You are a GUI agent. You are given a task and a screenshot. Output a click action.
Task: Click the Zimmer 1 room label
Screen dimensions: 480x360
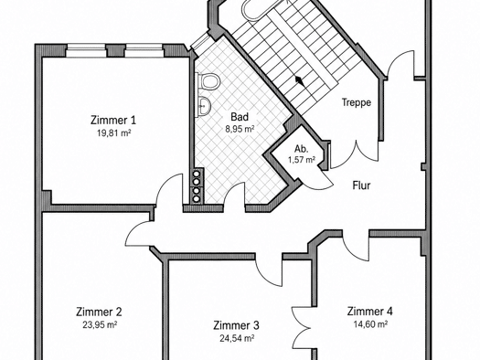[113, 120]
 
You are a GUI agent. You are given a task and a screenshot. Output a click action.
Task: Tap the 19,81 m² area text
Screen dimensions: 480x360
[114, 133]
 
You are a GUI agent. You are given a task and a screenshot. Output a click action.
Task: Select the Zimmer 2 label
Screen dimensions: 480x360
[99, 312]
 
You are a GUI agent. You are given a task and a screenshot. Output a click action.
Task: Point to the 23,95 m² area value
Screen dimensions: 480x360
[100, 324]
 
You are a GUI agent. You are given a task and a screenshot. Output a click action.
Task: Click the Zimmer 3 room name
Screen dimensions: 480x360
[236, 325]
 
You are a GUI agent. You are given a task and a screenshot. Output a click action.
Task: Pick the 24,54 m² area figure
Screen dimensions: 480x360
[237, 338]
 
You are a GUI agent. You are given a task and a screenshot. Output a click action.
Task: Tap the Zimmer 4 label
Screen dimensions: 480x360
[369, 311]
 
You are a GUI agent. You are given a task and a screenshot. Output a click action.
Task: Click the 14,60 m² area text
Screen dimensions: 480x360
[370, 323]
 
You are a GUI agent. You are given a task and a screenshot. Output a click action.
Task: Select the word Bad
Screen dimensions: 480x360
[240, 117]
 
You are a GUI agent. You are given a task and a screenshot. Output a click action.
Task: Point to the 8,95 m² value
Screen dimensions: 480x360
[240, 129]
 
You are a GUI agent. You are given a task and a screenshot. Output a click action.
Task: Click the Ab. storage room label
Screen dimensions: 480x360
[301, 149]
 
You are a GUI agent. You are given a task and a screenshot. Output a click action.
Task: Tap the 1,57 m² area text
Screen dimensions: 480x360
[302, 160]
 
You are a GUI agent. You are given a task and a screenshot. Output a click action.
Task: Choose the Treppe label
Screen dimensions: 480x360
[357, 102]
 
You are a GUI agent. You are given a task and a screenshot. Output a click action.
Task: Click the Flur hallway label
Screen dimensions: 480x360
[361, 185]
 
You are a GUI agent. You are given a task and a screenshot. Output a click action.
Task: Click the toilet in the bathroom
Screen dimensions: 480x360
[208, 81]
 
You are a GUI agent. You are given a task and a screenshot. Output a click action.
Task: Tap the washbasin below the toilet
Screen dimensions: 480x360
[204, 106]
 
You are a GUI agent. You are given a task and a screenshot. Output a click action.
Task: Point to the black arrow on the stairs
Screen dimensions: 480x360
[299, 81]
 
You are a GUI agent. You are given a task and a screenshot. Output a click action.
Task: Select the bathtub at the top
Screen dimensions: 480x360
[261, 9]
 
